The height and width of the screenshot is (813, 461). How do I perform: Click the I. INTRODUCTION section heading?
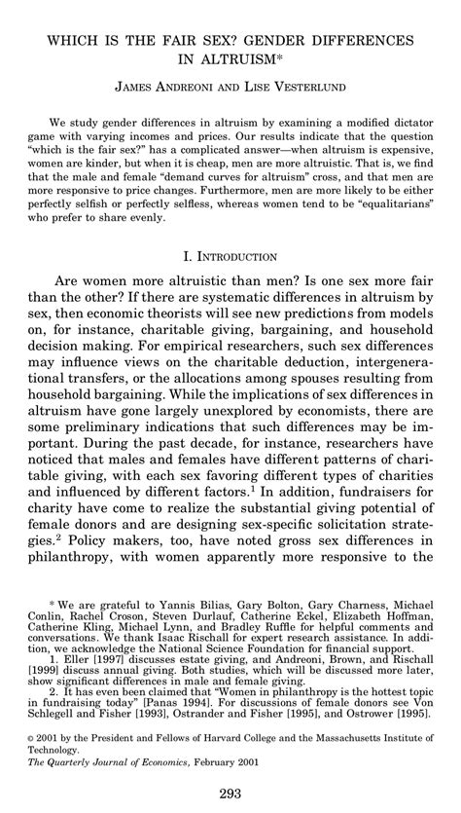230,257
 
